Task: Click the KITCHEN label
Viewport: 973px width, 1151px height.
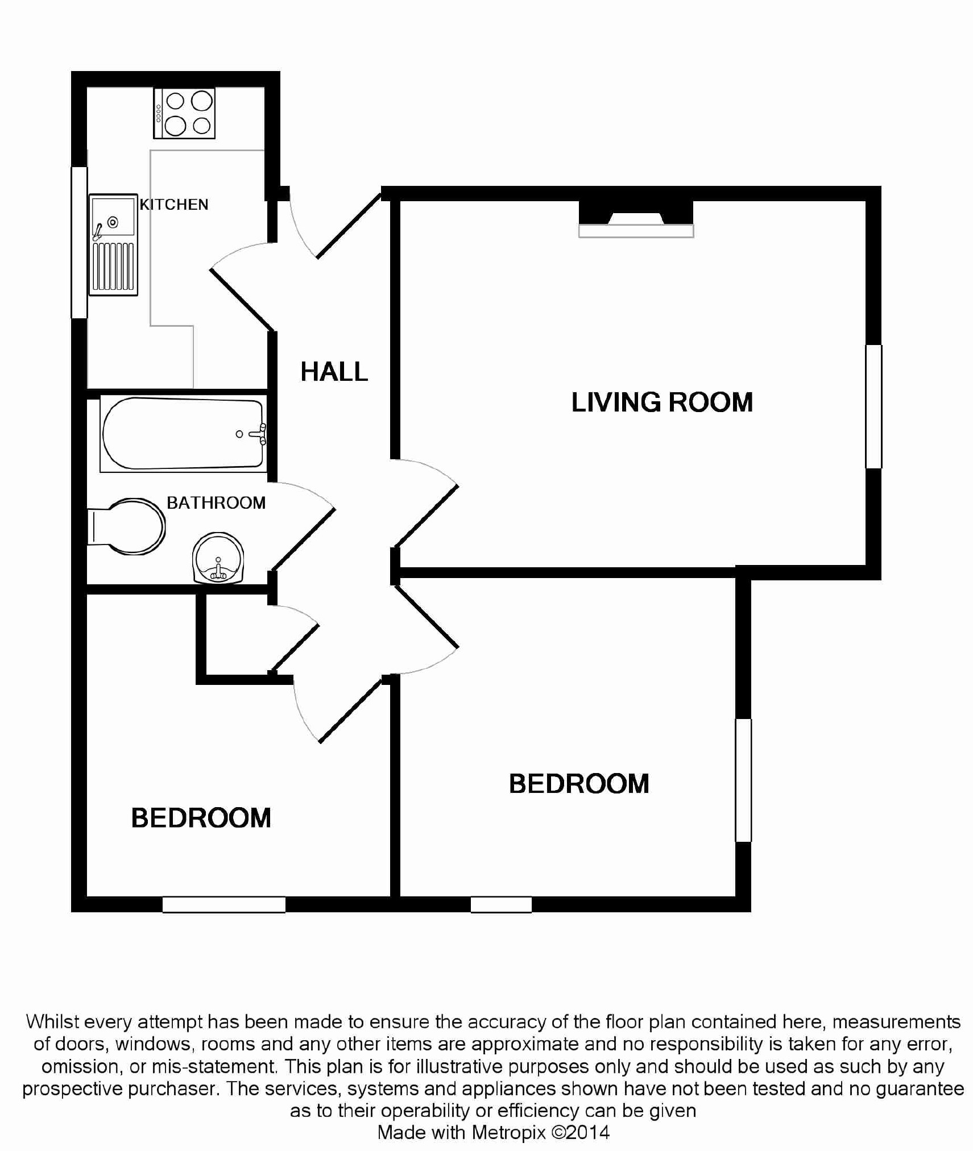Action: point(174,205)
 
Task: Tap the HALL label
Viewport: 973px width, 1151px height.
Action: point(334,372)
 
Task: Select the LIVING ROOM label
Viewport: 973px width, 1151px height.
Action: point(662,402)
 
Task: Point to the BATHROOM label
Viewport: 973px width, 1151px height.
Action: point(216,503)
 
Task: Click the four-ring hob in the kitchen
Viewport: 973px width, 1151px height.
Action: point(184,113)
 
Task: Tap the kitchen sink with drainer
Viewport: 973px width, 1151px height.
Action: point(113,244)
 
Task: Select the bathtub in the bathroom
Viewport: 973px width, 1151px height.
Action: point(183,434)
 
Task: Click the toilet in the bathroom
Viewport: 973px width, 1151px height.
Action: point(126,526)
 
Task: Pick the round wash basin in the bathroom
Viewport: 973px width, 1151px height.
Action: point(218,558)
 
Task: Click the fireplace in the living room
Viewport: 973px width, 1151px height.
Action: point(636,219)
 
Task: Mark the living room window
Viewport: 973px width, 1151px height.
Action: point(873,406)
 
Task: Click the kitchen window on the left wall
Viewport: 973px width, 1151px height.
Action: point(79,242)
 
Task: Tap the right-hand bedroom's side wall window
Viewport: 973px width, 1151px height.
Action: point(743,780)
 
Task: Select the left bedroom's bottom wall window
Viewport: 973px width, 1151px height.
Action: point(224,904)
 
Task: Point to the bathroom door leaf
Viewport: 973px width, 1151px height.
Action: point(303,539)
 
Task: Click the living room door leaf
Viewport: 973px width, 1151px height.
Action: point(426,516)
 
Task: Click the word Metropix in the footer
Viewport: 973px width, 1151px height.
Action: point(509,1133)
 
